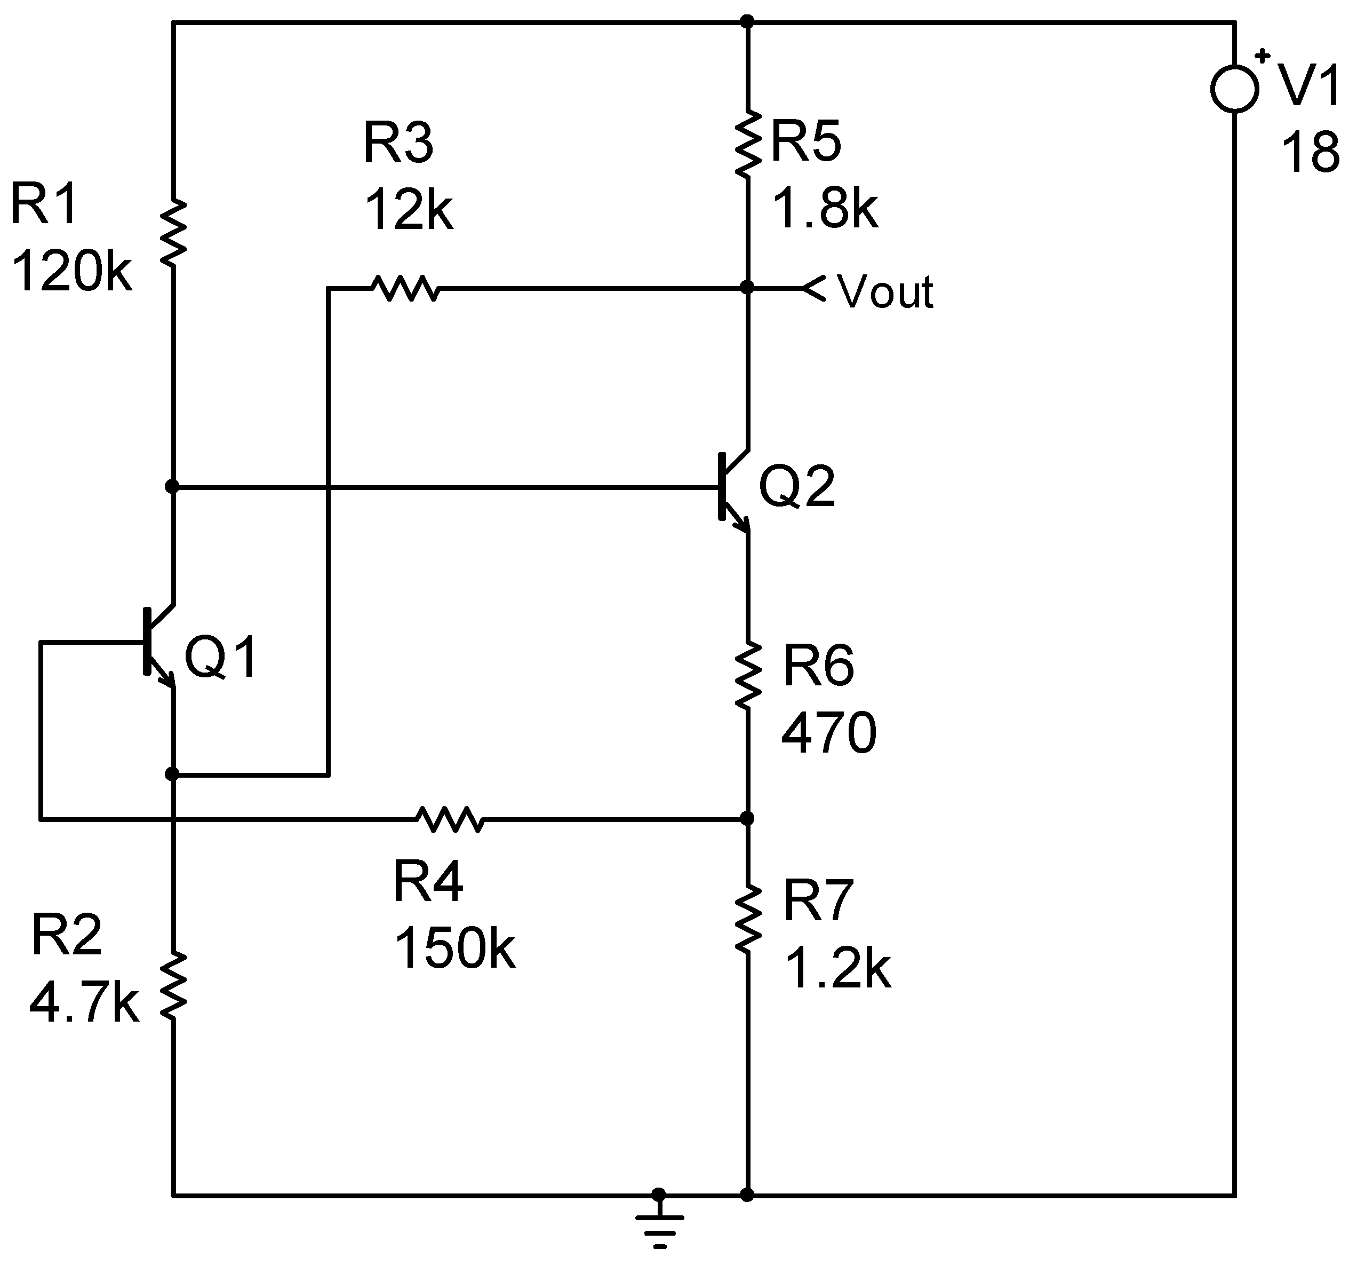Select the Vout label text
click(x=884, y=292)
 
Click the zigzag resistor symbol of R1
click(x=173, y=233)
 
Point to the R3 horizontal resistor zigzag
click(x=405, y=288)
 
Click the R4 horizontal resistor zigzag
click(x=450, y=818)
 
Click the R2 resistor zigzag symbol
click(x=173, y=986)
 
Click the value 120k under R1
click(x=71, y=272)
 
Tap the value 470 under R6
click(x=829, y=733)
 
